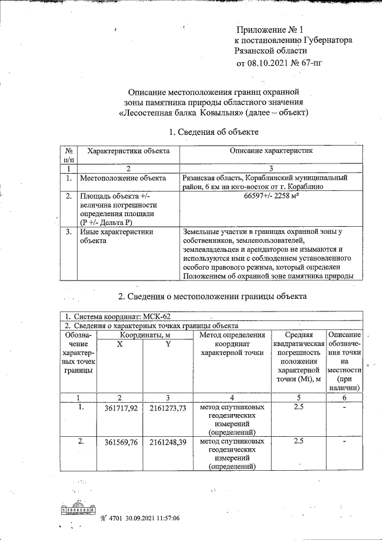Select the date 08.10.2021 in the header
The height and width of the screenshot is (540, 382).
click(x=267, y=62)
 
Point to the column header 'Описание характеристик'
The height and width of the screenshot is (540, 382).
click(x=272, y=152)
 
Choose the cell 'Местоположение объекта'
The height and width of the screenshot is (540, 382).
click(x=123, y=178)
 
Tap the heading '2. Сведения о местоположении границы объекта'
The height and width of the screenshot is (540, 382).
click(x=212, y=296)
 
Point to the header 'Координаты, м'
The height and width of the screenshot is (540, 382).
click(x=143, y=335)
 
